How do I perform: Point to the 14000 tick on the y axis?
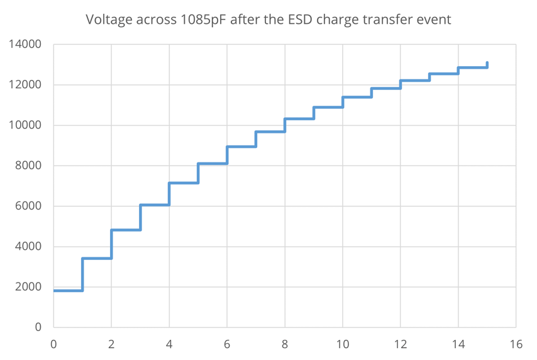(x=25, y=45)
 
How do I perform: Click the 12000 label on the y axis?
(x=25, y=85)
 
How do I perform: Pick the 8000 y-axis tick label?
(x=28, y=166)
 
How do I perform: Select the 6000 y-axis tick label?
(x=28, y=206)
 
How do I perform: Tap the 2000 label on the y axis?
(x=28, y=287)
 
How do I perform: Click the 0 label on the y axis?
(x=38, y=327)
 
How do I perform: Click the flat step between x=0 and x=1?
(x=68, y=290)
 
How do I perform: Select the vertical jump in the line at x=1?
(x=82, y=274)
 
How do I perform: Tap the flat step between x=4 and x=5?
(x=184, y=183)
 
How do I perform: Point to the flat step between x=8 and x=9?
(x=299, y=118)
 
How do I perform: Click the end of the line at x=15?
(x=487, y=64)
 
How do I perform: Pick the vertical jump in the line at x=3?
(x=140, y=217)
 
